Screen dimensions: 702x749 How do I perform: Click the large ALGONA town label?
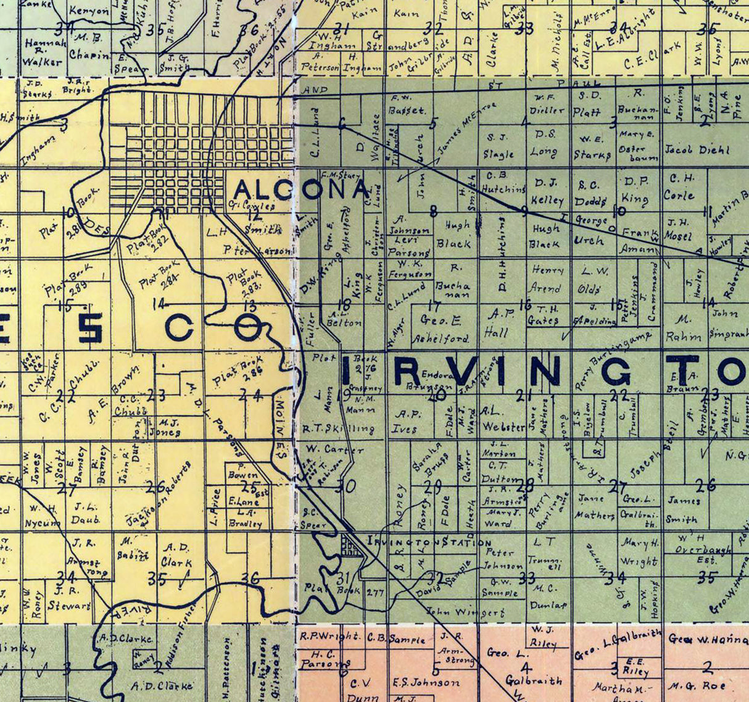pyautogui.click(x=301, y=190)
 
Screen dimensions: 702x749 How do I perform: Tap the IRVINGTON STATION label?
pyautogui.click(x=429, y=542)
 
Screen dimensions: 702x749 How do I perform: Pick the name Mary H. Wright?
pyautogui.click(x=640, y=553)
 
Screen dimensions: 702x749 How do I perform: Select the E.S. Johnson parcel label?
pyautogui.click(x=426, y=682)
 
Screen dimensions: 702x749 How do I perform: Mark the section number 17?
pyautogui.click(x=434, y=306)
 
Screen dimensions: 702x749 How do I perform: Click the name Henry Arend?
pyautogui.click(x=547, y=279)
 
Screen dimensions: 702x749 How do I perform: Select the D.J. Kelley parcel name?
pyautogui.click(x=548, y=191)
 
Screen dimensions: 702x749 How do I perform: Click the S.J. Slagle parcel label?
pyautogui.click(x=498, y=145)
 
